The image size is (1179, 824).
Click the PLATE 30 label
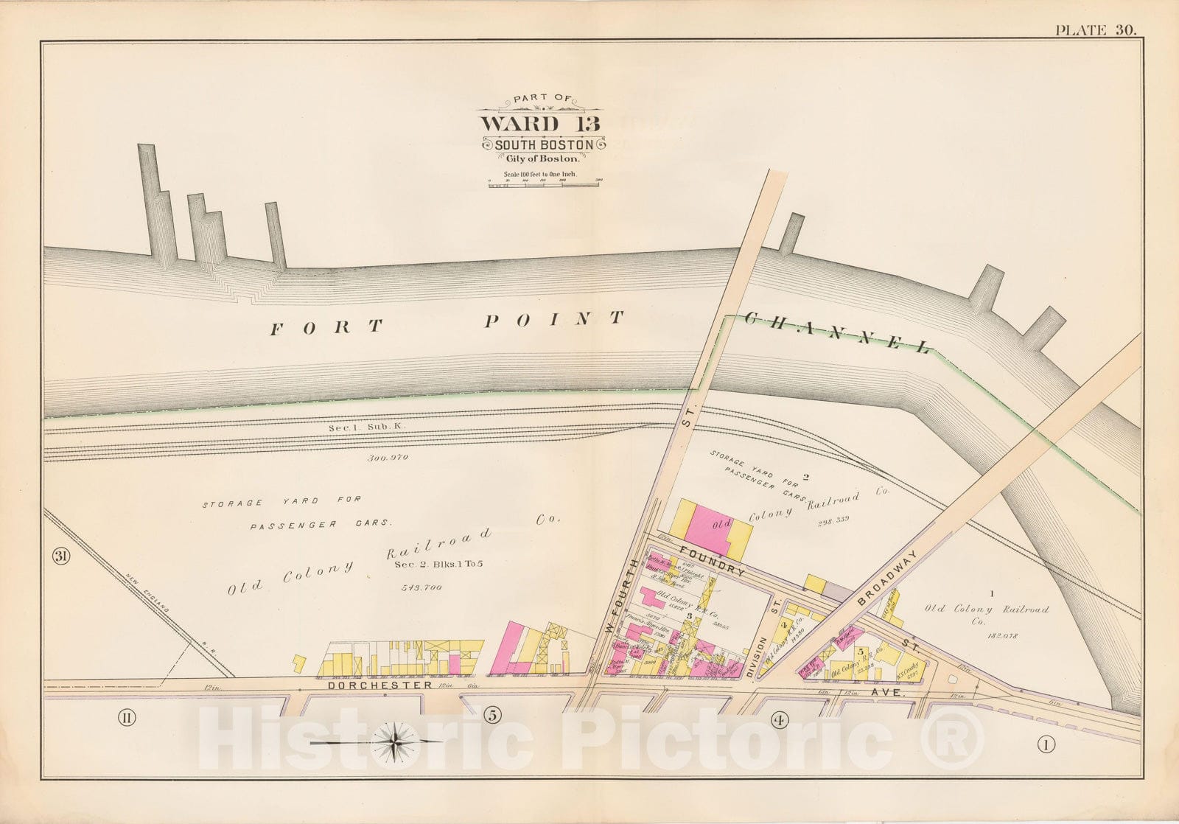pyautogui.click(x=1095, y=30)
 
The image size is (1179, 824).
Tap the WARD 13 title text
pyautogui.click(x=540, y=124)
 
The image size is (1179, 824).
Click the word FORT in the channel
pyautogui.click(x=326, y=327)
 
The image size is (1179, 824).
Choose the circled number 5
pyautogui.click(x=493, y=715)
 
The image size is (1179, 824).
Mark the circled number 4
pyautogui.click(x=778, y=720)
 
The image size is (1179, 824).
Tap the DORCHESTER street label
pyautogui.click(x=380, y=685)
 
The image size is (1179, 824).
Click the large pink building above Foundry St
pyautogui.click(x=708, y=528)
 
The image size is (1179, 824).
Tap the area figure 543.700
pyautogui.click(x=421, y=588)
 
